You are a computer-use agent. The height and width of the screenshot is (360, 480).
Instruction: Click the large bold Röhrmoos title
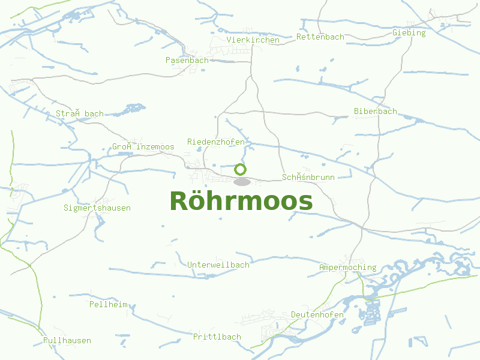pos(241,202)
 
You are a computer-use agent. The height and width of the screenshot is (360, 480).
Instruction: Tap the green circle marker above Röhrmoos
pos(241,169)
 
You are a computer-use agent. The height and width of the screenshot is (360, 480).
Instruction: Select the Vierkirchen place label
pos(253,40)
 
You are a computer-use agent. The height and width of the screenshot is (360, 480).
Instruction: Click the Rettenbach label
pos(320,37)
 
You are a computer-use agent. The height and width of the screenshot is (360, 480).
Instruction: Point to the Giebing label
pos(409,32)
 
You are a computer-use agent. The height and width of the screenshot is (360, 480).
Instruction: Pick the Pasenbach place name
pos(187,60)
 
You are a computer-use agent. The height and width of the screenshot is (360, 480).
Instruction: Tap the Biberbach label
pos(375,111)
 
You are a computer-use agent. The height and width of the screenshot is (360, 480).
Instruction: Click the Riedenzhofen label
pos(216,142)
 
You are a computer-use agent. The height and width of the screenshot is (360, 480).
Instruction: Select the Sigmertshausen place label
pos(97,208)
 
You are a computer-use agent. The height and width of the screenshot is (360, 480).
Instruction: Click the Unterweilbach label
pos(218,265)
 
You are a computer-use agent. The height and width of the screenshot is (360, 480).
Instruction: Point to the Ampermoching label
pos(348,267)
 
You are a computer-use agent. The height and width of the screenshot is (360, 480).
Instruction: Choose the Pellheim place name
pos(109,304)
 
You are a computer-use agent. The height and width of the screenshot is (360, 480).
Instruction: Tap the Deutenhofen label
pos(317,314)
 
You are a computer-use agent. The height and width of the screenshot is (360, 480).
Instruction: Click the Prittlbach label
pos(217,337)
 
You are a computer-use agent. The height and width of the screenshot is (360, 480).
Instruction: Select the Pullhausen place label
pos(67,340)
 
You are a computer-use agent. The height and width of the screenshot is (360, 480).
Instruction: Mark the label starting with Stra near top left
pos(80,113)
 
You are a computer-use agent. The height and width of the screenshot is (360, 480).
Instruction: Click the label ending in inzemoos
pos(143,146)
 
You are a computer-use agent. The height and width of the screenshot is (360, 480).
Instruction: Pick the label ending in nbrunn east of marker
pos(308,177)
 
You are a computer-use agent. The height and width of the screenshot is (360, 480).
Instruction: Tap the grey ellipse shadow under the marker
pos(241,182)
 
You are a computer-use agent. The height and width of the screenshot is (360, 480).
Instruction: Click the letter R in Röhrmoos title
pos(179,202)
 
